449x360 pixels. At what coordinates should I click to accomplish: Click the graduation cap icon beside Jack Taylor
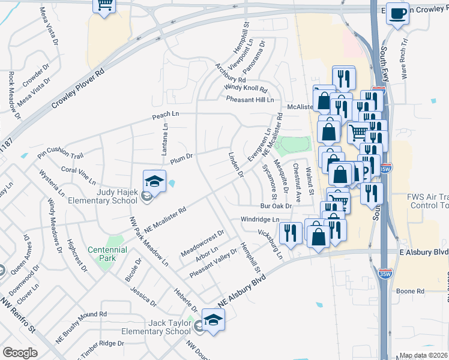(x=212, y=319)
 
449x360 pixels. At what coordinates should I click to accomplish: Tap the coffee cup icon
(x=397, y=13)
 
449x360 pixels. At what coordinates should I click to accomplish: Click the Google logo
(x=20, y=353)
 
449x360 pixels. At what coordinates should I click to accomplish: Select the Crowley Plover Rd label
(x=77, y=88)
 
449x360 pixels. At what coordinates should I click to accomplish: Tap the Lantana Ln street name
(x=165, y=139)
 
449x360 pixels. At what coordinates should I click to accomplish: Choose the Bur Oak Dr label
(x=276, y=206)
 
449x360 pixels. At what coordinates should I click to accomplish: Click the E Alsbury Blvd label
(x=424, y=253)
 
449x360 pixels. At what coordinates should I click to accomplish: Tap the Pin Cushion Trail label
(x=59, y=155)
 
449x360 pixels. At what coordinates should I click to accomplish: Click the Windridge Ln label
(x=260, y=220)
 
